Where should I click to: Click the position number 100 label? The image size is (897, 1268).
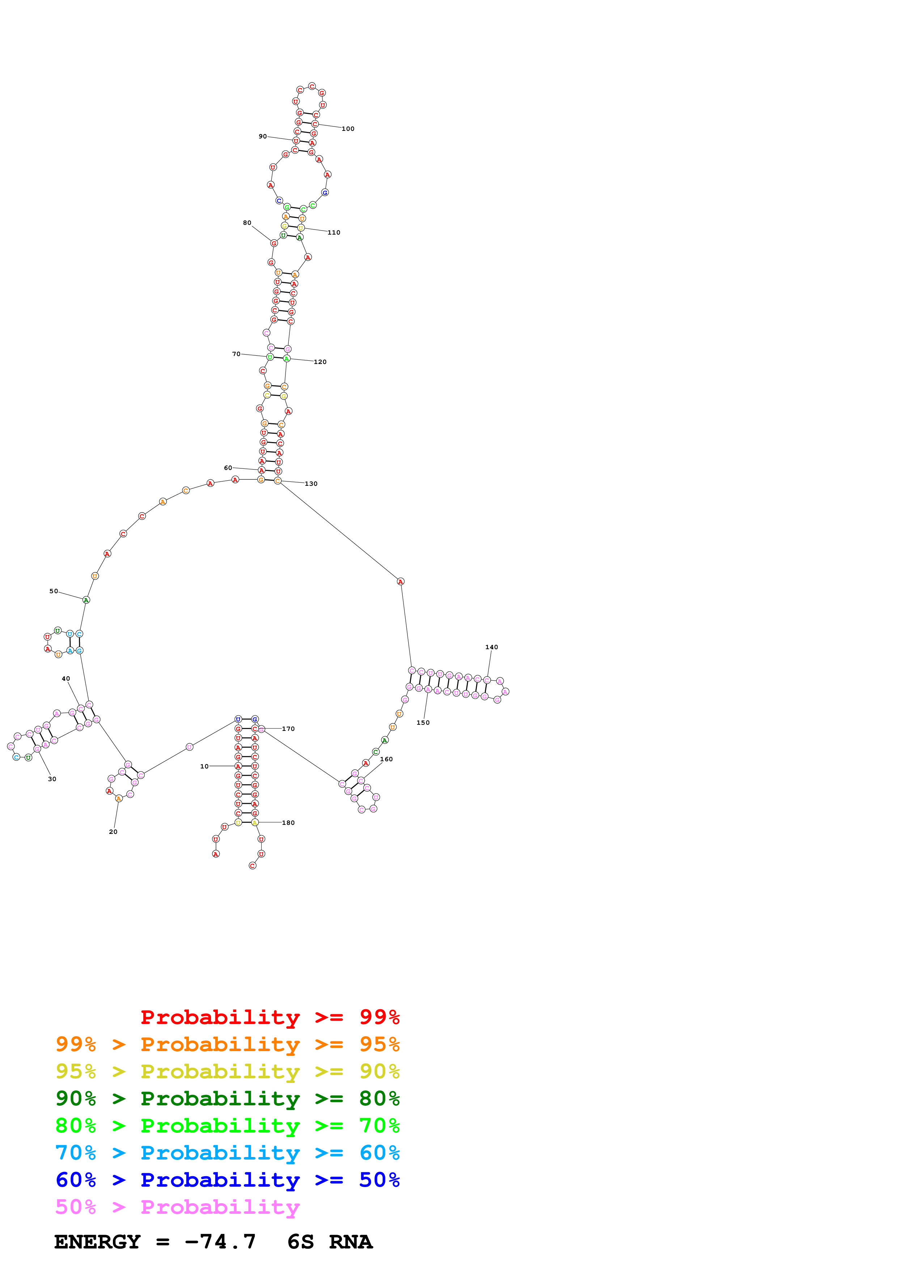click(348, 129)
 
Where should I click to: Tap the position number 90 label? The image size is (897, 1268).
click(263, 136)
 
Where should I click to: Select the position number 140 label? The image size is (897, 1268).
click(491, 647)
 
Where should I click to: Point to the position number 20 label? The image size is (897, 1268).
click(113, 832)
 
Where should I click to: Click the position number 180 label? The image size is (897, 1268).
click(288, 823)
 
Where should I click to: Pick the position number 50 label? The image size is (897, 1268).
click(54, 591)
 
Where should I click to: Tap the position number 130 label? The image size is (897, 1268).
click(311, 484)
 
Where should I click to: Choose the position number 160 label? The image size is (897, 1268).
click(386, 759)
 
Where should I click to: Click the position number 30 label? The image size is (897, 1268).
click(52, 779)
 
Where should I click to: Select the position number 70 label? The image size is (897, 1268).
click(236, 354)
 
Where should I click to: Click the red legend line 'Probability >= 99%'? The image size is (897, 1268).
click(270, 1017)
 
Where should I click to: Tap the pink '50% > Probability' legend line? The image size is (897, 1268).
click(177, 1207)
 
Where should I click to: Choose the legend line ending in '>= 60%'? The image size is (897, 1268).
click(227, 1153)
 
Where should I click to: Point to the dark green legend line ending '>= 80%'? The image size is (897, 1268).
click(227, 1098)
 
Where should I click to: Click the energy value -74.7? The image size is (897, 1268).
click(220, 1242)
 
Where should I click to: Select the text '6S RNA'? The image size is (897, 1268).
click(330, 1242)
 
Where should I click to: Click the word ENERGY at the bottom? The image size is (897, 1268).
click(97, 1242)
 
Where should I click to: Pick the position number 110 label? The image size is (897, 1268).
click(334, 232)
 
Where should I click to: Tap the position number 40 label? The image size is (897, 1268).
click(66, 679)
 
